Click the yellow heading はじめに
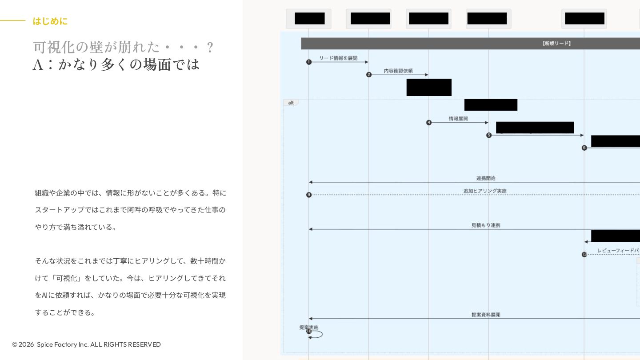tap(50, 21)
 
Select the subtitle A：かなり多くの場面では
tap(116, 65)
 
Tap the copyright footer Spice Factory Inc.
tap(86, 344)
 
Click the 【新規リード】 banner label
tap(556, 44)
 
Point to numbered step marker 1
tap(309, 62)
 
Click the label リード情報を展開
tap(338, 58)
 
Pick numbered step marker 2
tap(369, 75)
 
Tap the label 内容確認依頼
tap(398, 71)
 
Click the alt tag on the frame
tap(291, 103)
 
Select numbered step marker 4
tap(429, 123)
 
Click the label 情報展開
tap(458, 119)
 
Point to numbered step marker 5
tap(489, 135)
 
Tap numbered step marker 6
tap(584, 148)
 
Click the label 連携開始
tap(486, 178)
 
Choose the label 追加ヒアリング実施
tap(485, 191)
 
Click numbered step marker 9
tap(309, 195)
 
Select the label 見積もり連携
tap(486, 225)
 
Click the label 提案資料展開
tap(486, 315)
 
